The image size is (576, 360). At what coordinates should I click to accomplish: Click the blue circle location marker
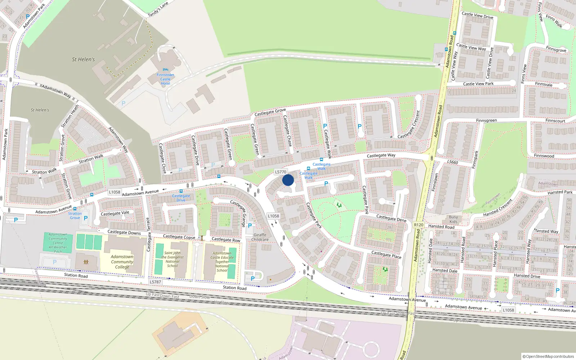[x=288, y=180]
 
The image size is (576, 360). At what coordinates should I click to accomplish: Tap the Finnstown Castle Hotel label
[x=165, y=79]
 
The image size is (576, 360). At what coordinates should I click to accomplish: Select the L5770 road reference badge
[x=280, y=172]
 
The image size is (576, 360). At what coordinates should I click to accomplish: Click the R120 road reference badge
[x=419, y=225]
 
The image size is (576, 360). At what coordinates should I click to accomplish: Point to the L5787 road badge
[x=156, y=282]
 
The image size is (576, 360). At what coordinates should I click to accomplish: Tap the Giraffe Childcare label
[x=260, y=237]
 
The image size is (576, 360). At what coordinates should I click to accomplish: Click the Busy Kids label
[x=454, y=219]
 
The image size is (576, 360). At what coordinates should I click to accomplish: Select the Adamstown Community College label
[x=122, y=262]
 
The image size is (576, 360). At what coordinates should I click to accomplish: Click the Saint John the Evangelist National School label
[x=172, y=259]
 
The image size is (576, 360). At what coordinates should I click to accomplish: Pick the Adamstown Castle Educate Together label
[x=222, y=262]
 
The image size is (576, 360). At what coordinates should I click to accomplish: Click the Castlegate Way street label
[x=381, y=156]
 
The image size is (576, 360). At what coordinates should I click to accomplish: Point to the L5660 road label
[x=453, y=162]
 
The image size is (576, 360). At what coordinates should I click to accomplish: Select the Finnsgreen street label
[x=486, y=121]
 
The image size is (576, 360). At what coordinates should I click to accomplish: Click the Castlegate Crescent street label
[x=409, y=125]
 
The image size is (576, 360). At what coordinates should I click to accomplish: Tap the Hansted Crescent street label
[x=498, y=208]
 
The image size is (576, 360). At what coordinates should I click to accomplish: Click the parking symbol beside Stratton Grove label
[x=86, y=218]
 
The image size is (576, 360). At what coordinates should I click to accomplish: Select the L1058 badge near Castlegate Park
[x=273, y=216]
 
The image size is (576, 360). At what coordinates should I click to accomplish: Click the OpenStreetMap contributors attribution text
[x=549, y=356]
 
